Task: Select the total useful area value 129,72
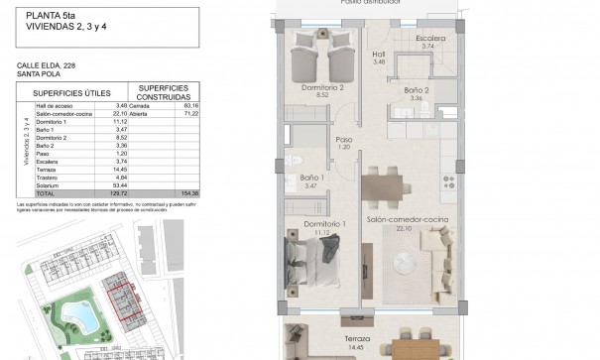[120, 192]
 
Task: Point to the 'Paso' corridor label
[345, 140]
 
